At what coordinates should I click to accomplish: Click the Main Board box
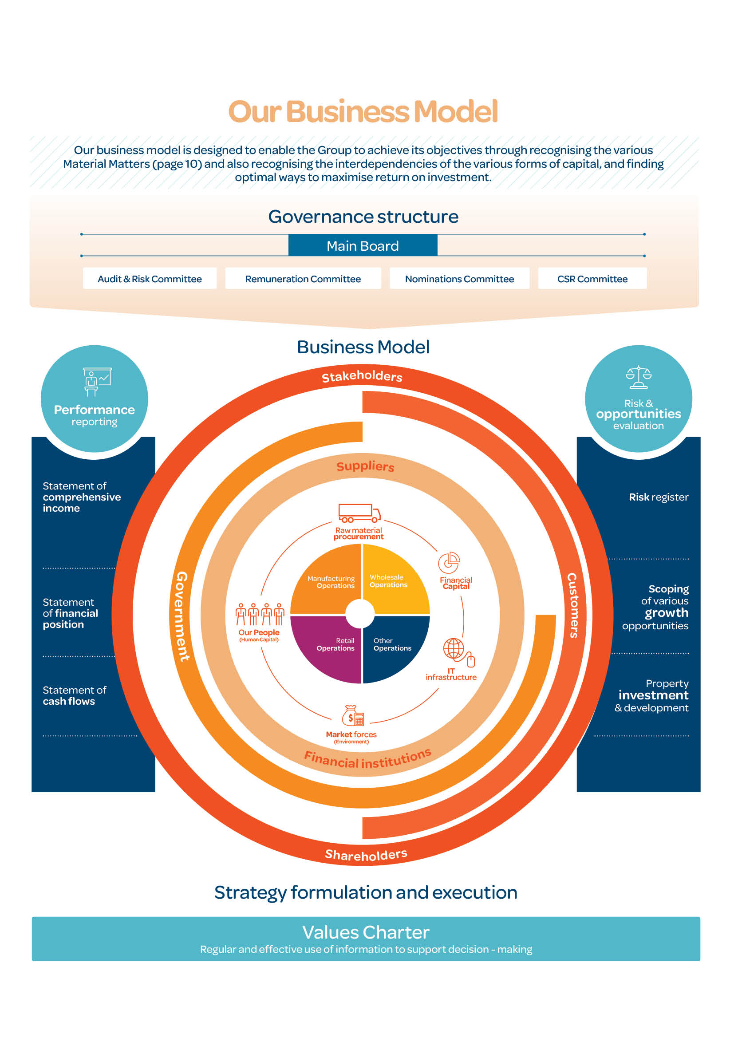coord(363,245)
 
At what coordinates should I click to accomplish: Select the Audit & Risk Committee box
coord(150,279)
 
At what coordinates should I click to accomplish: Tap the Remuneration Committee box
coord(303,279)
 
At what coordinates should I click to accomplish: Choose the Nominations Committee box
coord(459,279)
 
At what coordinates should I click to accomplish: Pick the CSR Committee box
coord(592,279)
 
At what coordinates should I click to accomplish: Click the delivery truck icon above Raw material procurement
coord(359,513)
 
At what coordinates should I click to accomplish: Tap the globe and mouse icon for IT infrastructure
coord(458,652)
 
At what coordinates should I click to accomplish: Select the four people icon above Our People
coord(260,614)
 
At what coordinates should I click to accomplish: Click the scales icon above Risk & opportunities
coord(638,377)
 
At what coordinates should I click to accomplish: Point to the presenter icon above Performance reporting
coord(97,381)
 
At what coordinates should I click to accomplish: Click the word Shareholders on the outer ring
coord(366,854)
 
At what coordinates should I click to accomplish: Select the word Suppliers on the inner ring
coord(365,466)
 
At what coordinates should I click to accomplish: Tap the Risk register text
coord(659,497)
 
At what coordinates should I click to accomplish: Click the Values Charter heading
coord(366,932)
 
